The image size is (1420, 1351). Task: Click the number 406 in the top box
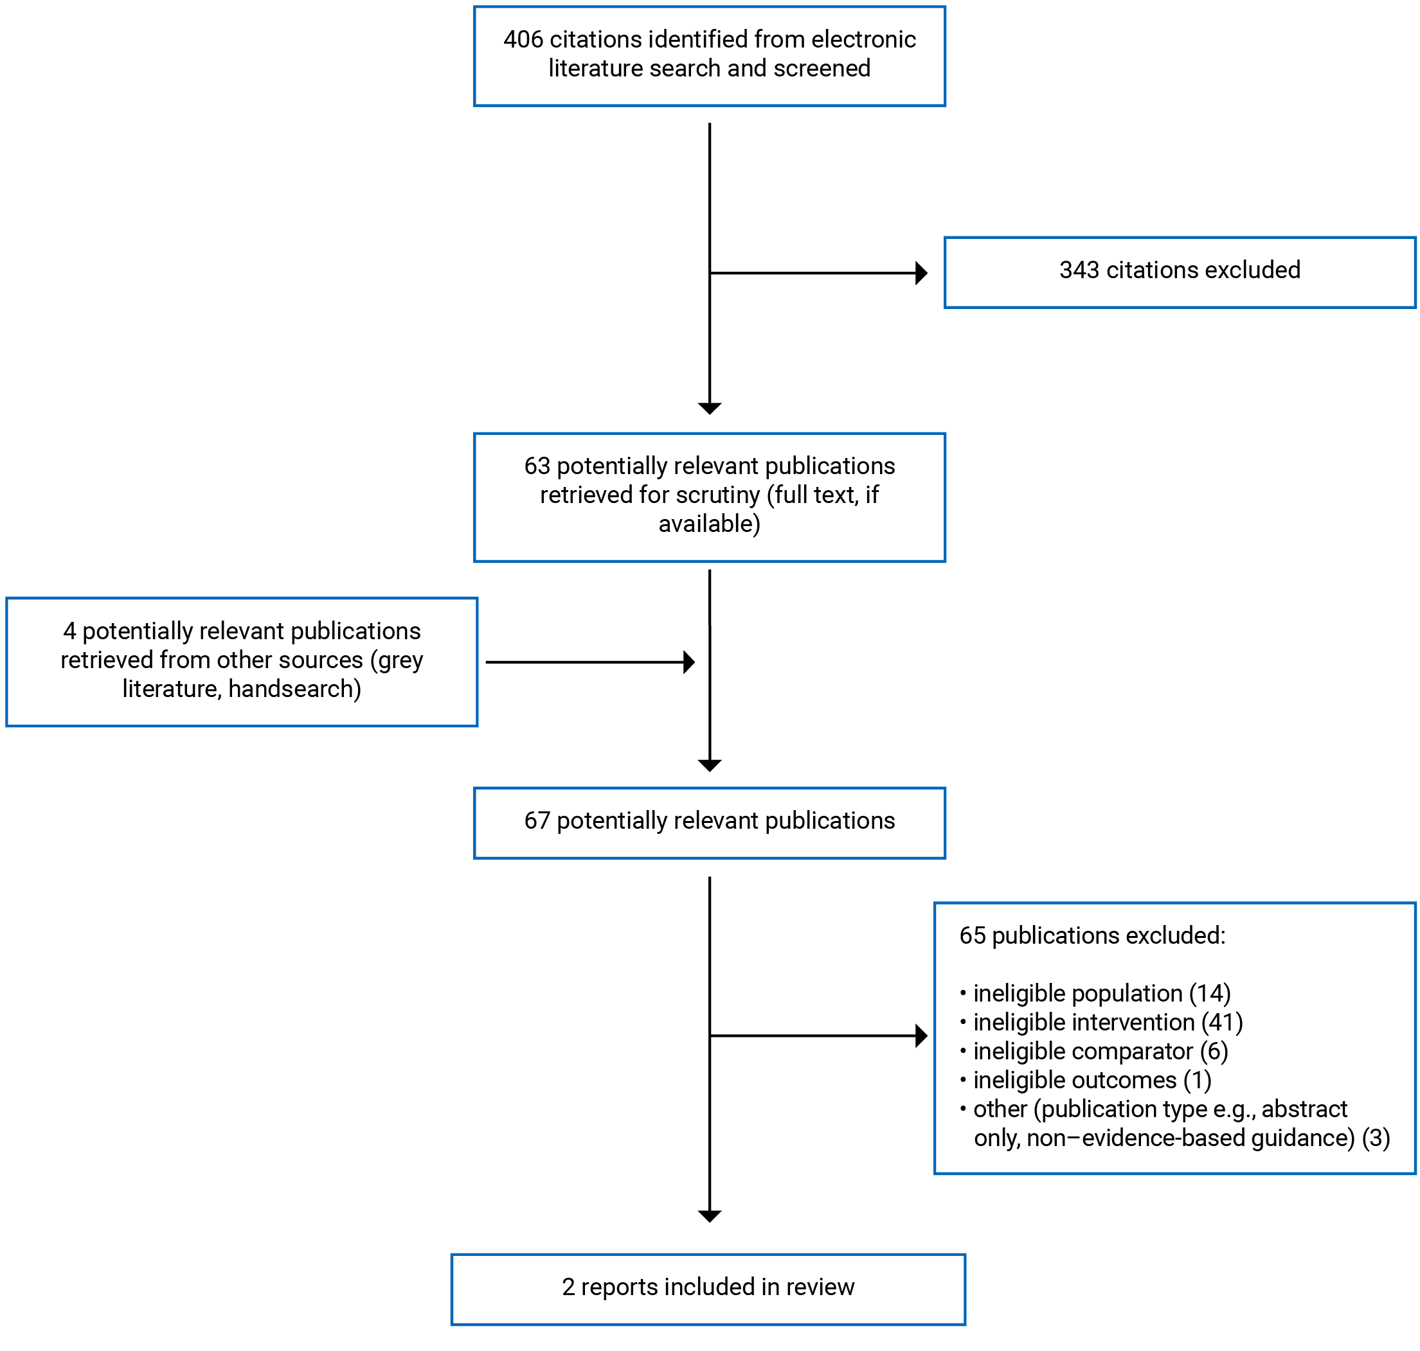(x=523, y=40)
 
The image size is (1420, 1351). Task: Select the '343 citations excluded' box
(x=1180, y=272)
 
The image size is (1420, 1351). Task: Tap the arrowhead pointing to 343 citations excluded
(x=921, y=273)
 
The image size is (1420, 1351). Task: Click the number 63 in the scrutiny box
(x=537, y=466)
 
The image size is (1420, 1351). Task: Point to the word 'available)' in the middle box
(x=709, y=524)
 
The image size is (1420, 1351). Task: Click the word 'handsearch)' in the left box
(x=294, y=689)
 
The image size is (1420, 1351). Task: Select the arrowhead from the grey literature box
(x=688, y=662)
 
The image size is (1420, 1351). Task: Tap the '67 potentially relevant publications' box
(x=709, y=822)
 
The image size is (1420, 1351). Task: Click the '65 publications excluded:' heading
(x=1092, y=935)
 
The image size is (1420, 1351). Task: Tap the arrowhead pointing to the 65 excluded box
(x=921, y=1036)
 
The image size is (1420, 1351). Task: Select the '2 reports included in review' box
(x=708, y=1287)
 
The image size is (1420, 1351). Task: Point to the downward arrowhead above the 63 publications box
(x=710, y=409)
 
